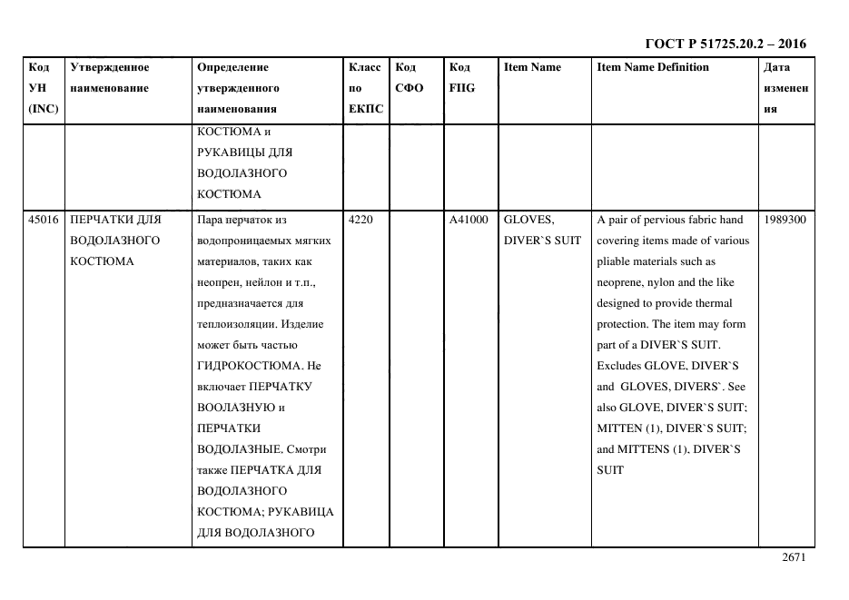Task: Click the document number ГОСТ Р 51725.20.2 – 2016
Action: click(725, 44)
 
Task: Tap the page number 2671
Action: click(794, 559)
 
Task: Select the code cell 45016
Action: click(43, 220)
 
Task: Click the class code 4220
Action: click(360, 220)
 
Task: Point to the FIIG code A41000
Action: click(469, 220)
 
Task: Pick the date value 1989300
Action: click(785, 220)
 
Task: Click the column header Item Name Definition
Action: click(653, 67)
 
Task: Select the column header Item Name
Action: click(532, 67)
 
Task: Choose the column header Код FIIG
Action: click(461, 78)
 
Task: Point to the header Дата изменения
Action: click(785, 88)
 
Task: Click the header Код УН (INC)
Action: click(43, 88)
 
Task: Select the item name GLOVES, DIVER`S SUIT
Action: click(542, 230)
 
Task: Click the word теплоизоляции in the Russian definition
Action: click(237, 324)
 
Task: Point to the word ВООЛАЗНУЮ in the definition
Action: click(232, 408)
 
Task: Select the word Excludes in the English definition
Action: click(618, 366)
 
